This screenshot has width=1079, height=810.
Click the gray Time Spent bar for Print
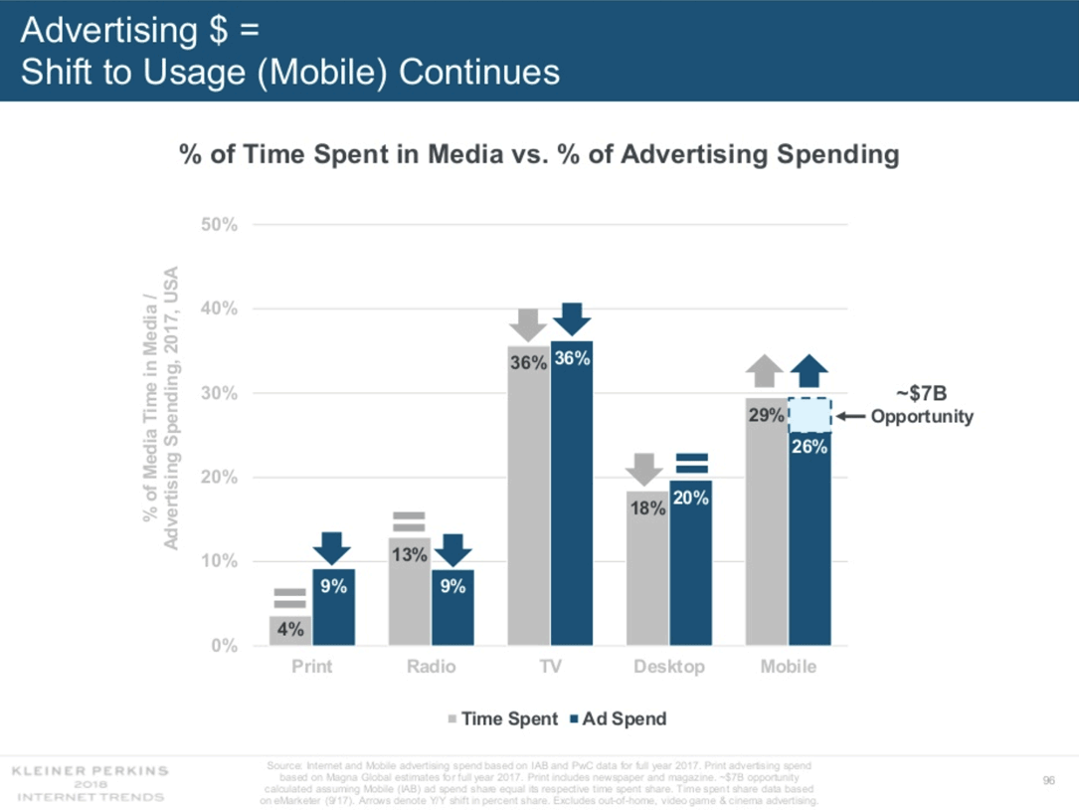tap(290, 630)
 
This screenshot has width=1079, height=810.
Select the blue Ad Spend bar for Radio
tap(452, 607)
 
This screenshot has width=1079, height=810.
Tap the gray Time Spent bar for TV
tap(528, 498)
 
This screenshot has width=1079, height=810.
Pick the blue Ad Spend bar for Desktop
tap(690, 562)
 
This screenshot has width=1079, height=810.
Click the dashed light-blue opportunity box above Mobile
tap(809, 414)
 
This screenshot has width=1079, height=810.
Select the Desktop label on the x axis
tap(669, 667)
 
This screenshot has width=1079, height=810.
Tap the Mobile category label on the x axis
tap(789, 667)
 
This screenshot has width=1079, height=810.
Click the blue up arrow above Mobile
tap(809, 370)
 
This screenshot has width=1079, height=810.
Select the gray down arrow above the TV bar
tap(528, 324)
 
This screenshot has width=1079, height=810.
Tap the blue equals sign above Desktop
tap(691, 463)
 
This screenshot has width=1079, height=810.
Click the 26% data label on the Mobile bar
tap(809, 447)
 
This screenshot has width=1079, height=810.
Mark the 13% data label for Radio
tap(409, 554)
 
